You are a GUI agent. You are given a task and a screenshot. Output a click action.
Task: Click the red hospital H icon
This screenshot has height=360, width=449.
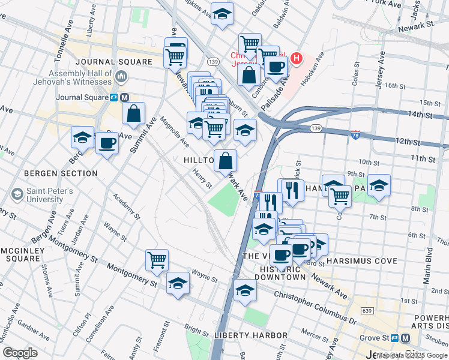coord(295,59)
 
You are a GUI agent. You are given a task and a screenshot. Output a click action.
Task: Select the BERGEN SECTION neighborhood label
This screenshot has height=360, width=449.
coord(61,173)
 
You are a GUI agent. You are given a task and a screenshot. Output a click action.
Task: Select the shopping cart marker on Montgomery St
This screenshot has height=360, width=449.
coord(157,260)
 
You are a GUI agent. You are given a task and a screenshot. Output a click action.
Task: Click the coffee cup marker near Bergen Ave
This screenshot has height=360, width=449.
coord(107,143)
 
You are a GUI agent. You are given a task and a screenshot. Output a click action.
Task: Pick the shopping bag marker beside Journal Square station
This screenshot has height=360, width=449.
coord(133,113)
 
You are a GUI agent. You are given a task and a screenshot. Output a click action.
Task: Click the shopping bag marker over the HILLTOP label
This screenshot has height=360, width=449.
coord(226,161)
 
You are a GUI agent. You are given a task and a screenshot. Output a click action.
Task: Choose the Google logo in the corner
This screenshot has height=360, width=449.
coord(20,353)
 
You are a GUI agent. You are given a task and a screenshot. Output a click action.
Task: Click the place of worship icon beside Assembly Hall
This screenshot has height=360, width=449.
coord(121,76)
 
